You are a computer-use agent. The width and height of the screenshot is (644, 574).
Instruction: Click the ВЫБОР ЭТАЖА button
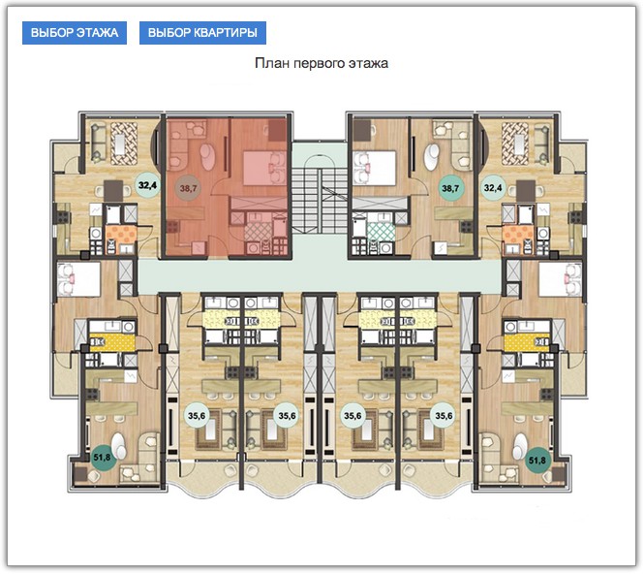(x=75, y=33)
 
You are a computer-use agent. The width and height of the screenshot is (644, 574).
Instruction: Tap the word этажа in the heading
(x=368, y=64)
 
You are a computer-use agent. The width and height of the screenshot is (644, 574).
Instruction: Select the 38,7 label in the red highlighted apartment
(x=189, y=189)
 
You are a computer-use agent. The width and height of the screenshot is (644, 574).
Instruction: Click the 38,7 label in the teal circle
(x=450, y=189)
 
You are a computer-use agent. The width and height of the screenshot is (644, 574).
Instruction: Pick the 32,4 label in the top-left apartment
(x=147, y=185)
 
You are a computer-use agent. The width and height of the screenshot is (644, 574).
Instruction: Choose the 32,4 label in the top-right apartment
(x=493, y=188)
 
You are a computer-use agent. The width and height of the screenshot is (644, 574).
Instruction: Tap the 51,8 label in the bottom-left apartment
(x=102, y=457)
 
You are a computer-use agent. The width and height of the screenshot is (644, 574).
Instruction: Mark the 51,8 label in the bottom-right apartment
(x=537, y=461)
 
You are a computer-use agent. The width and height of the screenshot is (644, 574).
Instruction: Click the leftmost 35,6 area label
(x=197, y=416)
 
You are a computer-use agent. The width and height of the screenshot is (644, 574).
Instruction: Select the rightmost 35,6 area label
(x=444, y=416)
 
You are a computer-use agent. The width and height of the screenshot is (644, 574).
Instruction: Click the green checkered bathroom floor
(x=382, y=232)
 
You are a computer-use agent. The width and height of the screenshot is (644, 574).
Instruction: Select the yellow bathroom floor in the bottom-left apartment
(x=112, y=343)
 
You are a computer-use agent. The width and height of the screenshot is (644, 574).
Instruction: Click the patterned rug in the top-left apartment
(x=123, y=143)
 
